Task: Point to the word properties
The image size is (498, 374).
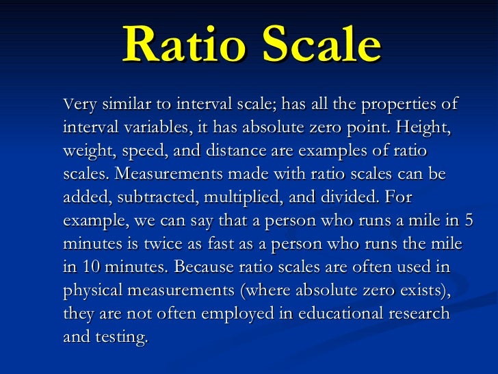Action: point(395,105)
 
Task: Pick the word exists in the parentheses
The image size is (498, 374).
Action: point(419,291)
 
